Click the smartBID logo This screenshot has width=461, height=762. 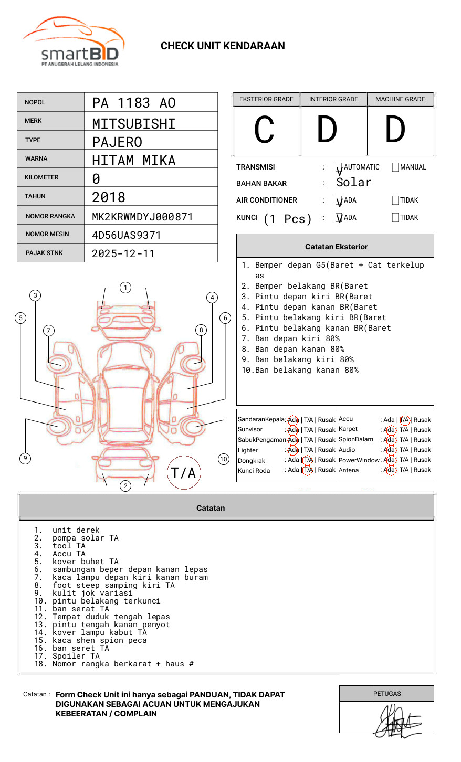[x=74, y=41]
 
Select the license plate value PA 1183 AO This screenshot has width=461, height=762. [x=134, y=103]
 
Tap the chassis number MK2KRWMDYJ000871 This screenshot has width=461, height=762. [x=142, y=217]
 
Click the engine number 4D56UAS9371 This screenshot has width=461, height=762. [x=126, y=235]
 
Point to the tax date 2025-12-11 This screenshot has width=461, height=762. [x=123, y=253]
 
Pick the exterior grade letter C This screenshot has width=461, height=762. [x=264, y=129]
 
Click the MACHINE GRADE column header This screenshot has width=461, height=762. [x=400, y=99]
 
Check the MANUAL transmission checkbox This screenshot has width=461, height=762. [x=395, y=167]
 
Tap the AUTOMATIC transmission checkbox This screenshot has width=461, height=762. [x=339, y=167]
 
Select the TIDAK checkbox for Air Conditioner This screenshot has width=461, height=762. [x=395, y=200]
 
